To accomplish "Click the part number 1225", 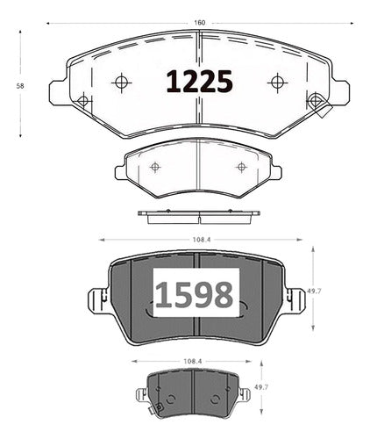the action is (199, 82).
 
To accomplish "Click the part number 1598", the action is (194, 295).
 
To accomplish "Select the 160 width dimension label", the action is (200, 23).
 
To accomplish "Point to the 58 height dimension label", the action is (20, 86).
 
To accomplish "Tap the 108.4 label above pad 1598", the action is (202, 240).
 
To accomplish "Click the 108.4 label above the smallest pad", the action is (193, 361).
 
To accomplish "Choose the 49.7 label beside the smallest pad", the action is (261, 387).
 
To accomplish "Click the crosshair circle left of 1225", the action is (121, 83).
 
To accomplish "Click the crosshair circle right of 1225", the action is (277, 83).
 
